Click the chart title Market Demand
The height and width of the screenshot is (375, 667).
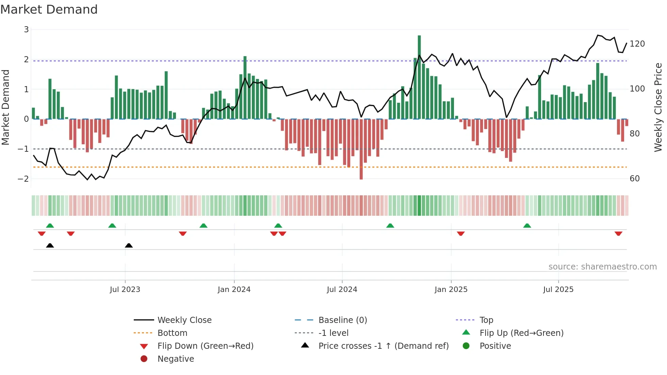pos(49,10)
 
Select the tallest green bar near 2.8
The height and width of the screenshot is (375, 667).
pos(419,77)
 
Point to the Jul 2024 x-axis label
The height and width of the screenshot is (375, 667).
pos(342,290)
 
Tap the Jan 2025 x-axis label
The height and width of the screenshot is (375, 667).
pos(451,290)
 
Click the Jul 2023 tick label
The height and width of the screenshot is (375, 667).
pos(125,290)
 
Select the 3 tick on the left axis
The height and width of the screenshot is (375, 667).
pos(26,30)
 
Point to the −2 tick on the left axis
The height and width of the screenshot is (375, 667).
pos(23,179)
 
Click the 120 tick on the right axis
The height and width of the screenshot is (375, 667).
pos(637,44)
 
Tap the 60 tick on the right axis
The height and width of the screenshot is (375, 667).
pos(635,179)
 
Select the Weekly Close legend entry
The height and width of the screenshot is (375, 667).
pos(184,320)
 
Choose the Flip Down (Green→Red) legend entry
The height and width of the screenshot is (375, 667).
pos(205,346)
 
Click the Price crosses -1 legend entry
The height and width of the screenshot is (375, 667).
pos(383,346)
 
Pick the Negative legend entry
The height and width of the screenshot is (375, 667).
pos(176,359)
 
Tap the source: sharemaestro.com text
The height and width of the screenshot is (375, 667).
pos(602,267)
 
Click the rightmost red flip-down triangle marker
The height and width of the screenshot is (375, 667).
pos(618,233)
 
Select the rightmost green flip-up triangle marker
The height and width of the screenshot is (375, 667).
pos(527,226)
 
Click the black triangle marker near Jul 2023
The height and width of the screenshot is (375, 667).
pos(129,245)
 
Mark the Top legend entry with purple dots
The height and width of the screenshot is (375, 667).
pos(486,320)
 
